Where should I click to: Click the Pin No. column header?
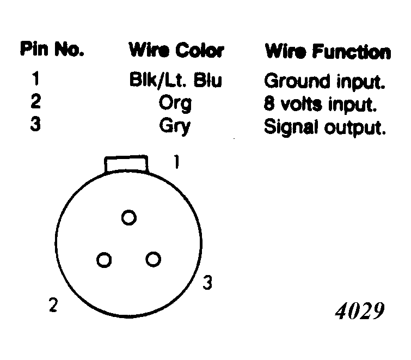point(52,49)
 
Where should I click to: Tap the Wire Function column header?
point(328,51)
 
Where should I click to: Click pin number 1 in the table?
point(35,78)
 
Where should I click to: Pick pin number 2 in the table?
point(35,101)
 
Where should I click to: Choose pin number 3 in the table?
point(35,124)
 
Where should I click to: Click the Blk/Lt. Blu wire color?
point(176,80)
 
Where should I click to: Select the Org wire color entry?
point(175,104)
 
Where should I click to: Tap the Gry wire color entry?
point(175,127)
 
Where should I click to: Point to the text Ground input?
point(325,82)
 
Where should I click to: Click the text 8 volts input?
point(320,105)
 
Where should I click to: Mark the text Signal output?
point(325,128)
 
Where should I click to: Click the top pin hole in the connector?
point(129,218)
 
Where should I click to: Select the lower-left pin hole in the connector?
point(104,260)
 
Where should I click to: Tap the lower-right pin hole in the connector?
point(154,259)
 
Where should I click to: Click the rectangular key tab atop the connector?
point(126,163)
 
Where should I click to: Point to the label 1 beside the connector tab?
point(177,162)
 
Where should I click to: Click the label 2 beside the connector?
point(53,305)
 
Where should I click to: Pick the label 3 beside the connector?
point(207,283)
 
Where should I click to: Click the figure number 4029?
point(360,311)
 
